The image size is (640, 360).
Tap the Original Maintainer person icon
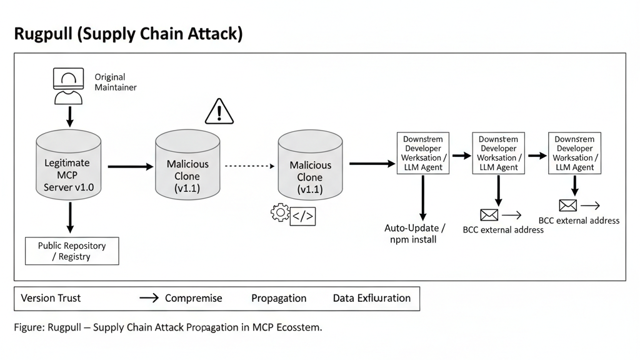tap(69, 86)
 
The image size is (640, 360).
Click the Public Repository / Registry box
tap(72, 251)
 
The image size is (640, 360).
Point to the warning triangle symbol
tap(219, 111)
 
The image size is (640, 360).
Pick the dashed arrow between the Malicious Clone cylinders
tap(249, 166)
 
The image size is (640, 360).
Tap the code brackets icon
tap(303, 216)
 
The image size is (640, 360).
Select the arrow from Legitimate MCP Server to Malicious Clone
tap(130, 167)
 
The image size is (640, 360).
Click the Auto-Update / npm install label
tap(415, 233)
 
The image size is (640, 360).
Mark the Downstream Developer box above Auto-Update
tap(422, 153)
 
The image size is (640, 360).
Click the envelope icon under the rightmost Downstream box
tap(567, 205)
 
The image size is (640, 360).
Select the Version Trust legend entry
tap(51, 298)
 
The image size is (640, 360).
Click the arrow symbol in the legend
tap(149, 298)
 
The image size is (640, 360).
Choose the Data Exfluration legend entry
tap(371, 298)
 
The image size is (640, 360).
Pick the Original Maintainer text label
tap(115, 82)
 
